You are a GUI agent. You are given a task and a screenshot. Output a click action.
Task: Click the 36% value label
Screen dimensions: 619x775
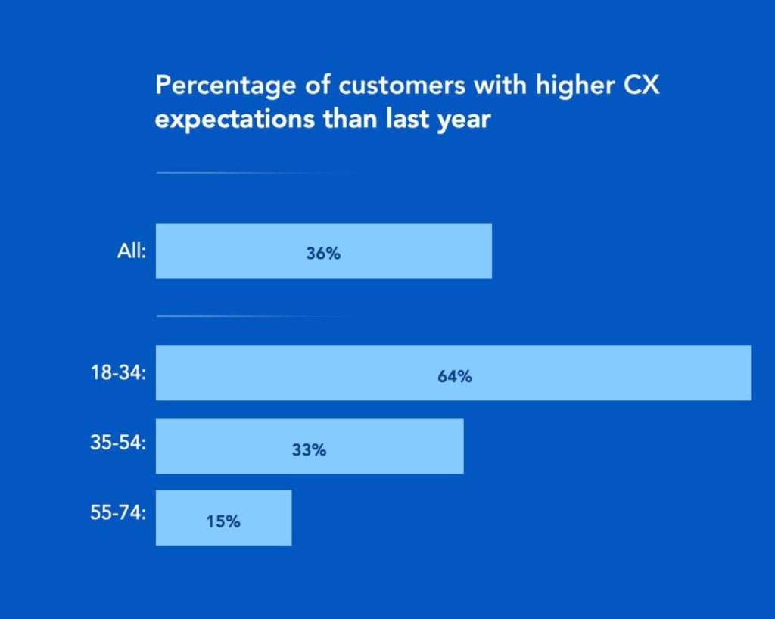[x=323, y=254]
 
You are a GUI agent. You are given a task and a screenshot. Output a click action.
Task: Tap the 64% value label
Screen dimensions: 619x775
[x=454, y=375]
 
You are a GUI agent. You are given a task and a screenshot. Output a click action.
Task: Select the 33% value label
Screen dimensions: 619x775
[x=309, y=449]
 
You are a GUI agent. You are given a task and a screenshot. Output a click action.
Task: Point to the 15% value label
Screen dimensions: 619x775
[x=223, y=521]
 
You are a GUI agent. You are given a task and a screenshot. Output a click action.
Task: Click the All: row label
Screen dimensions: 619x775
[x=127, y=250]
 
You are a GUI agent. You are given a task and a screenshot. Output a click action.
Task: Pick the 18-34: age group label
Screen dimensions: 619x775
[x=118, y=372]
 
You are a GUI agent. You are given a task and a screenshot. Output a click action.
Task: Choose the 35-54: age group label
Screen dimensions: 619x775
[x=118, y=443]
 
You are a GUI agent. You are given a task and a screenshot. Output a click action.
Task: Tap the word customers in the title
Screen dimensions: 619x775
[x=402, y=86]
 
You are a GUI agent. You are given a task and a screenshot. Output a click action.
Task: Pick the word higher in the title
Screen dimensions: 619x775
[x=569, y=86]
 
